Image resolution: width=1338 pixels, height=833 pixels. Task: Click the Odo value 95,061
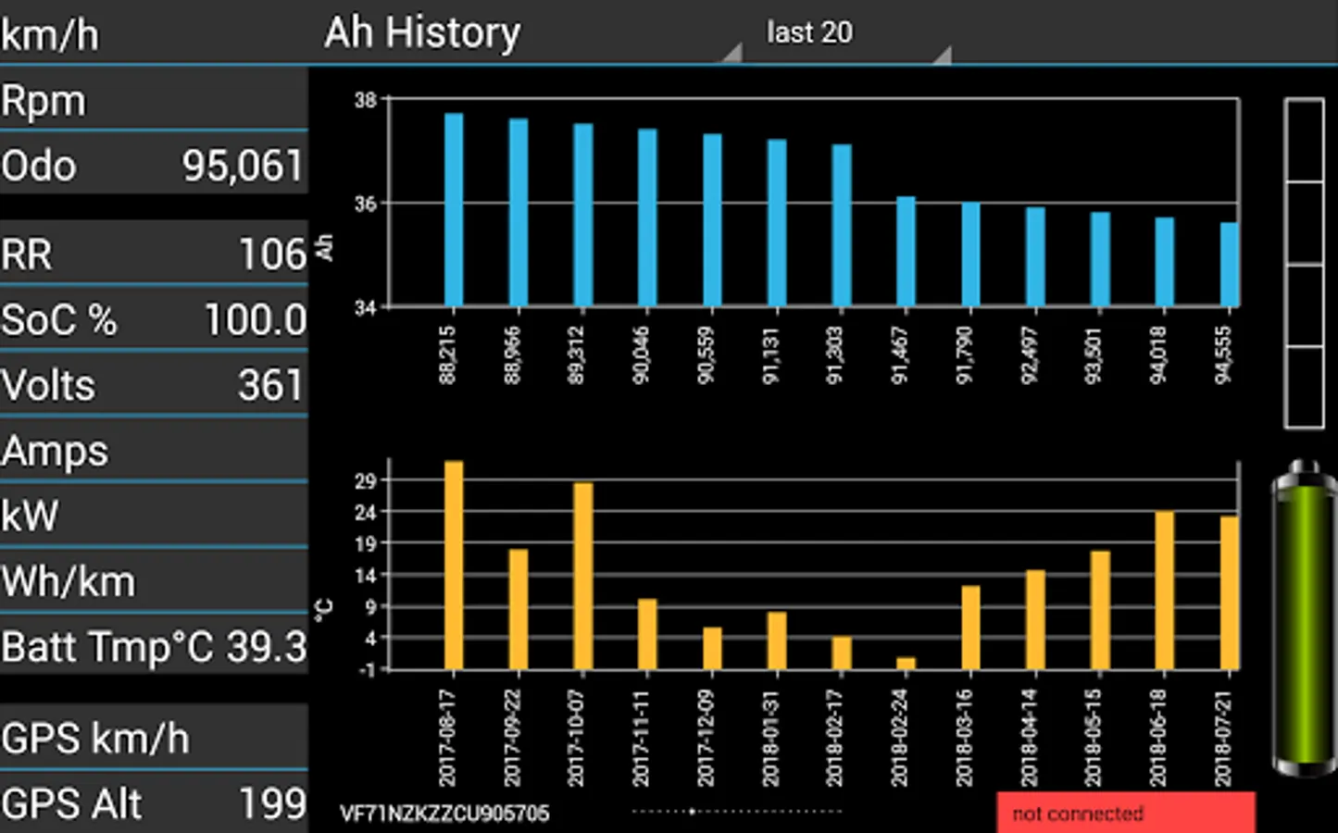click(x=243, y=167)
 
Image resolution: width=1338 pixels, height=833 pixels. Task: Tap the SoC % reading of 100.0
click(x=255, y=320)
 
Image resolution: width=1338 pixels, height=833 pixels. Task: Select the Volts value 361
click(x=269, y=385)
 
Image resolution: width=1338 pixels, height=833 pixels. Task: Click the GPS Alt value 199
click(x=272, y=803)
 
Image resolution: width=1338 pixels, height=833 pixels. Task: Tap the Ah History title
click(x=422, y=33)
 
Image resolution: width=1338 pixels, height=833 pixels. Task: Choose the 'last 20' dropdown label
click(x=809, y=33)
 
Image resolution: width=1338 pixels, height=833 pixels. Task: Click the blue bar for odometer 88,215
click(x=454, y=210)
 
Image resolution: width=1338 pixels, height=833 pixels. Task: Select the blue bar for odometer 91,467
click(x=906, y=252)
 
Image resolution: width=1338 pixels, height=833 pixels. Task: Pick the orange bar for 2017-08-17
click(x=454, y=565)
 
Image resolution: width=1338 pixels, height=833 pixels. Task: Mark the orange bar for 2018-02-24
click(x=906, y=664)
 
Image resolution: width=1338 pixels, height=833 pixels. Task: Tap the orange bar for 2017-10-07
click(x=583, y=576)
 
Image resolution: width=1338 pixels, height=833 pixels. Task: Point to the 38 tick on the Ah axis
click(x=366, y=100)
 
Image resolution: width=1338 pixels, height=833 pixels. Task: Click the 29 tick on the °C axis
click(x=366, y=481)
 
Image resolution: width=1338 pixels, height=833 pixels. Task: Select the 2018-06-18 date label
click(x=1157, y=738)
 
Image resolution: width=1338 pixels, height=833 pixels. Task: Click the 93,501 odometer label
click(x=1094, y=354)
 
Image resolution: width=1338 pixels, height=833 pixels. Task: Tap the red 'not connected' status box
click(x=1126, y=813)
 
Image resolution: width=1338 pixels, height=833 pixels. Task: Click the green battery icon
click(x=1305, y=617)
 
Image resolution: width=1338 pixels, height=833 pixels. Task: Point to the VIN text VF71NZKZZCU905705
click(x=444, y=814)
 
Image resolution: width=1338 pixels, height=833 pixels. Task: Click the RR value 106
click(x=272, y=255)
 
